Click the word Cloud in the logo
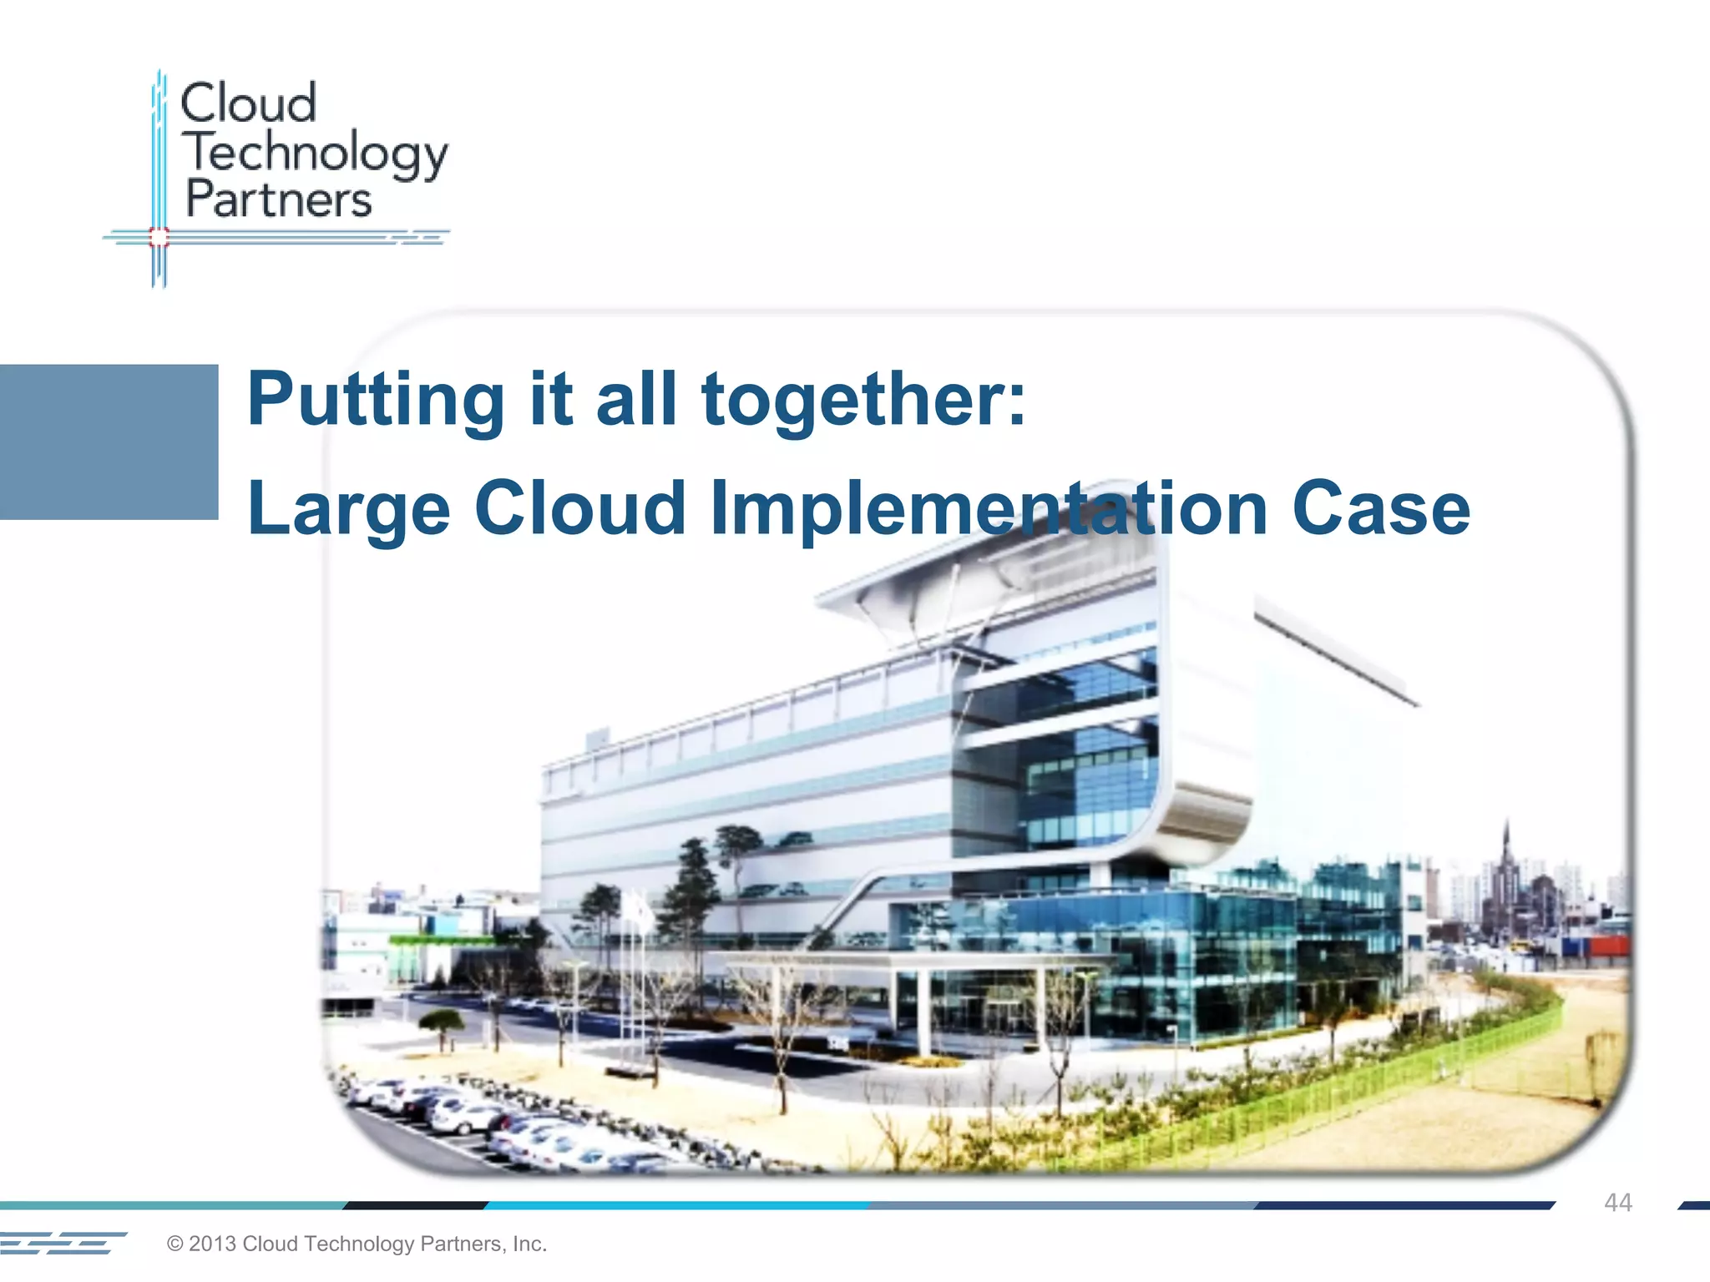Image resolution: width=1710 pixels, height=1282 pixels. tap(248, 103)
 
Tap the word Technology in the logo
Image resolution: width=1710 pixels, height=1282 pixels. tap(316, 154)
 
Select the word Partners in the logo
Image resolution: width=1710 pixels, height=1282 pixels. tap(278, 200)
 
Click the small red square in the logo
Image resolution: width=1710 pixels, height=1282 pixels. tap(159, 238)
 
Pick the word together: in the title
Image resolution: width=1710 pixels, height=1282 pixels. tap(863, 401)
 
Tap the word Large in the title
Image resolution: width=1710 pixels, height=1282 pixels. tap(349, 509)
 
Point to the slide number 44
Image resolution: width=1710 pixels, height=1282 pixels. tap(1617, 1203)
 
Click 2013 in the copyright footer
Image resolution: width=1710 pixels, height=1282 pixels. tap(212, 1244)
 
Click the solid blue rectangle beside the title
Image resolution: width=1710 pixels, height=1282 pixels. tap(109, 442)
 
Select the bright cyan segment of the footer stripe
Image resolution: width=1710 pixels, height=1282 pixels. tap(676, 1205)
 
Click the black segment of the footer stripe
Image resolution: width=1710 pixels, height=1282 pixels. tap(416, 1205)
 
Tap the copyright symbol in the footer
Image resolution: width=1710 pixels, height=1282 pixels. tap(175, 1244)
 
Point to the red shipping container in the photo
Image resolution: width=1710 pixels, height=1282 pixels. tap(1606, 946)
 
